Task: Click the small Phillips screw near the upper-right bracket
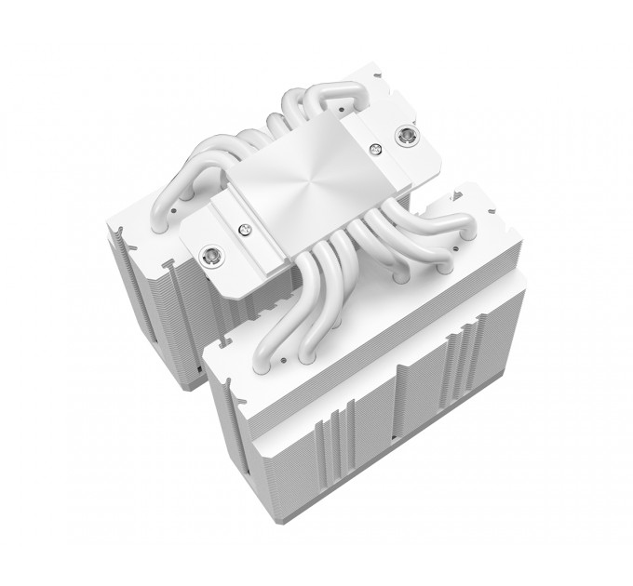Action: (x=376, y=149)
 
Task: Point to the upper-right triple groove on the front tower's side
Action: (x=462, y=353)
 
